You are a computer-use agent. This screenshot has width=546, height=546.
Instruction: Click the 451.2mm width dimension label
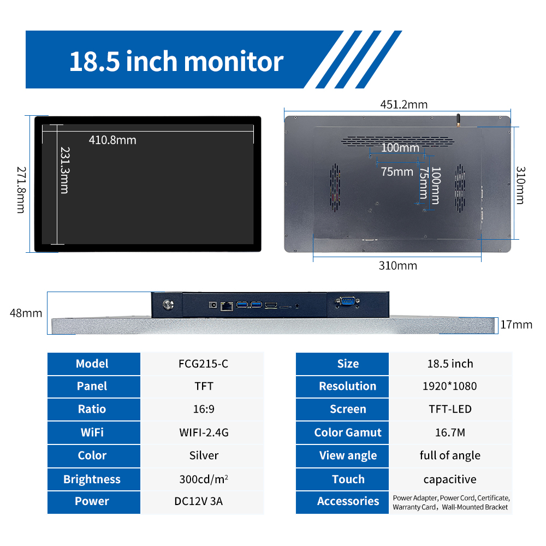[x=403, y=104]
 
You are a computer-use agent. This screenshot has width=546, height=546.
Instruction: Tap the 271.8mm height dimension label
[x=21, y=190]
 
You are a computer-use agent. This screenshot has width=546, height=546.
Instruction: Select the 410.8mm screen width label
[x=112, y=140]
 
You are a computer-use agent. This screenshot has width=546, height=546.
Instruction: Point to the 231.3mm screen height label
[x=65, y=170]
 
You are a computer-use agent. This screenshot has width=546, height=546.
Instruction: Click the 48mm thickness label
[x=26, y=313]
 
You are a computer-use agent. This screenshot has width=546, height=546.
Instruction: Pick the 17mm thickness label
[x=516, y=324]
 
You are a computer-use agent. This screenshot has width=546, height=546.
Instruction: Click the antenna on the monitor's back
[x=458, y=120]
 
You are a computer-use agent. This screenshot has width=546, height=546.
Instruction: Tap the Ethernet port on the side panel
[x=227, y=306]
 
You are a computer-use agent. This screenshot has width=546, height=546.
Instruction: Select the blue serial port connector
[x=347, y=301]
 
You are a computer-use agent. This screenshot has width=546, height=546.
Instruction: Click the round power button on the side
[x=169, y=305]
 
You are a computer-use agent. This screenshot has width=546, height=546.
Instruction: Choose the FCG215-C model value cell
[x=203, y=364]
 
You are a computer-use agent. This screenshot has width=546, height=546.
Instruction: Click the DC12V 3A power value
[x=199, y=501]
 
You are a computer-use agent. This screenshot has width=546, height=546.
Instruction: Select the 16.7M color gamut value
[x=450, y=432]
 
